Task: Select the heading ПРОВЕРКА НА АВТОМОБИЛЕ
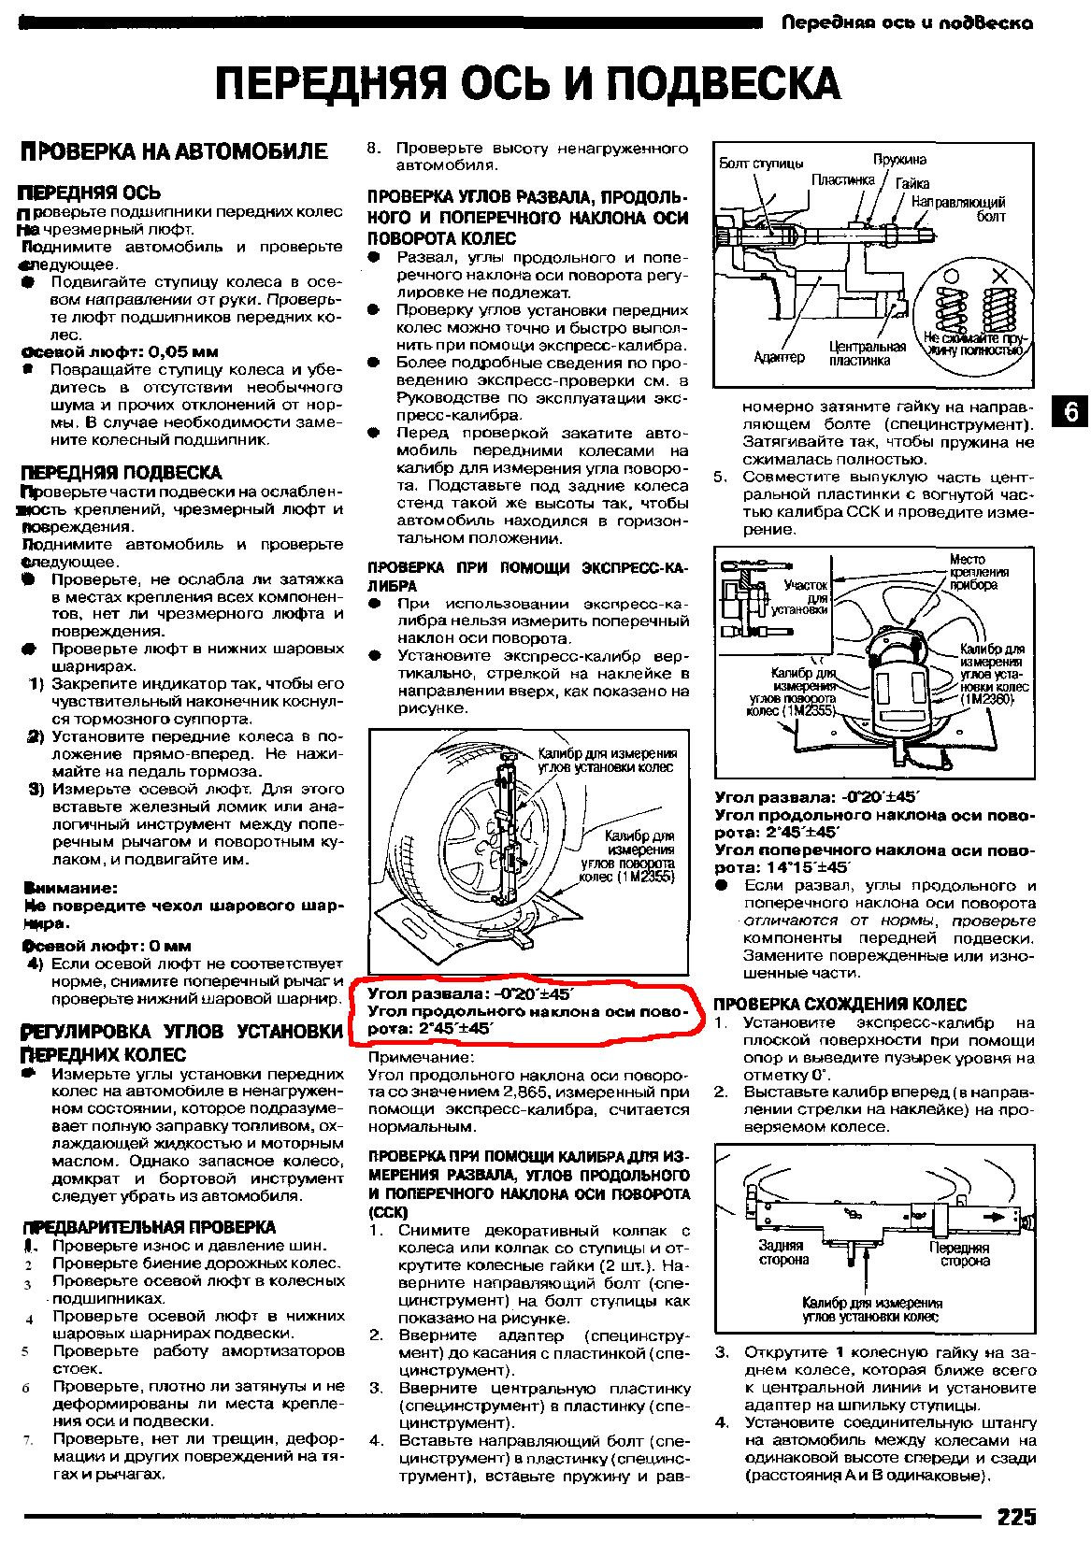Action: click(175, 151)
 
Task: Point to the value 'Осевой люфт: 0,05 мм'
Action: click(120, 352)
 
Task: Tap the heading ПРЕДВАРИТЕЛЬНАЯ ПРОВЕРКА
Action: click(150, 1227)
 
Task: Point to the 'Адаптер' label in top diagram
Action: click(779, 357)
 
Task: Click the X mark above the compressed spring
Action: click(999, 276)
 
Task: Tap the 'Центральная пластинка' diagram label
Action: click(867, 353)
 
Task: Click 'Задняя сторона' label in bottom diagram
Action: click(782, 1252)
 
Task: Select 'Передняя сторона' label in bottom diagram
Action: click(959, 1254)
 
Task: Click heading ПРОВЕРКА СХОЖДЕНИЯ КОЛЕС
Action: click(840, 1005)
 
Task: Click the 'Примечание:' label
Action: click(421, 1057)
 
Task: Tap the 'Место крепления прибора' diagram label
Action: click(978, 572)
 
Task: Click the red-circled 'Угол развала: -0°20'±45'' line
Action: click(470, 992)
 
